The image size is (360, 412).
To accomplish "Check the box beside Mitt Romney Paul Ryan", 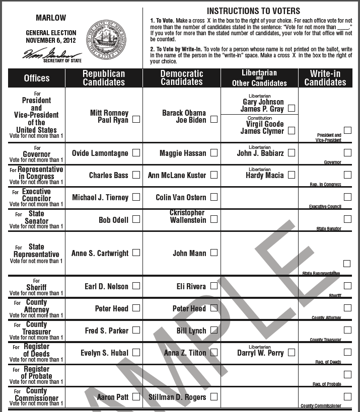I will click(136, 120).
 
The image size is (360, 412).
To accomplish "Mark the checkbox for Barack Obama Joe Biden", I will click(214, 120).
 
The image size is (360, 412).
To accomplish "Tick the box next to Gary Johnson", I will click(292, 108).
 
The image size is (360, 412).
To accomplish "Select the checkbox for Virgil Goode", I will click(292, 130).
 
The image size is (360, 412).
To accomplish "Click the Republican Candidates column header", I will click(104, 77).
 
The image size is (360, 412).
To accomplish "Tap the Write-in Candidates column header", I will click(325, 77).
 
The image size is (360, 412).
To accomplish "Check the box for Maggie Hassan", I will click(214, 152).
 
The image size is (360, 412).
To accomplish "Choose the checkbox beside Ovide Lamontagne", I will click(136, 152).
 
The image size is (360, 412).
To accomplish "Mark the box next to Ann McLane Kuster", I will click(214, 175).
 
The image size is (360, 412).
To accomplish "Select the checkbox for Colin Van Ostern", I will click(214, 197).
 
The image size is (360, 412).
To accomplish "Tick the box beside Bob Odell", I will click(136, 219).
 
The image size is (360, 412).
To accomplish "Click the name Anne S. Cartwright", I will click(100, 253).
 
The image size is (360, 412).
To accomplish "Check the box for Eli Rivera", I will click(214, 286).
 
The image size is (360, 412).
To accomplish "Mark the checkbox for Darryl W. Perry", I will click(292, 353).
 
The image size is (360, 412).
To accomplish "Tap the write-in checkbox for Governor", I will click(347, 152).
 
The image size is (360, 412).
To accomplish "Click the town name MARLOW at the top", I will click(51, 18).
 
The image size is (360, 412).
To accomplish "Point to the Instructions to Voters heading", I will click(253, 11).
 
